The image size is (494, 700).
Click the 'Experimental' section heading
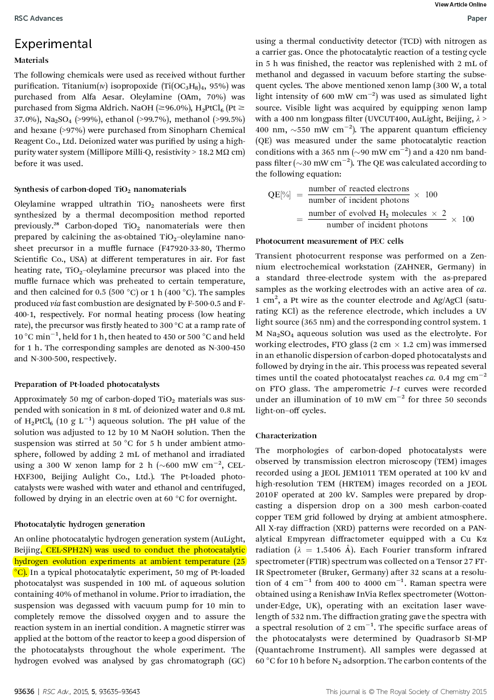click(53, 44)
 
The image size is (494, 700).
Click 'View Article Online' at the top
click(460, 4)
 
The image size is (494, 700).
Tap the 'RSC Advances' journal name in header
click(38, 19)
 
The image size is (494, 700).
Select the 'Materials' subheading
click(31, 60)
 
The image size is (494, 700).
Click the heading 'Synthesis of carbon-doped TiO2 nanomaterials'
click(100, 190)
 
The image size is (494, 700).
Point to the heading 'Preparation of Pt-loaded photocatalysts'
click(87, 384)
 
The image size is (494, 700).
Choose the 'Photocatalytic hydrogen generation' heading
click(79, 525)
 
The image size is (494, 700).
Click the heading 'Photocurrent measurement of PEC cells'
click(329, 241)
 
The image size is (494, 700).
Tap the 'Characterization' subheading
click(286, 436)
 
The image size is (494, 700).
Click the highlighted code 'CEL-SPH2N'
click(69, 550)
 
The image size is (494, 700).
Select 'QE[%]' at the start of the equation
click(279, 195)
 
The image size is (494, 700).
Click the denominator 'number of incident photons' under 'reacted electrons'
click(358, 201)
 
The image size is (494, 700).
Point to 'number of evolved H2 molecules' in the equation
click(372, 213)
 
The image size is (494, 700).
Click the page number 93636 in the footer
click(25, 691)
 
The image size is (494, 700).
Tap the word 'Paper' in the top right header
click(476, 19)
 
